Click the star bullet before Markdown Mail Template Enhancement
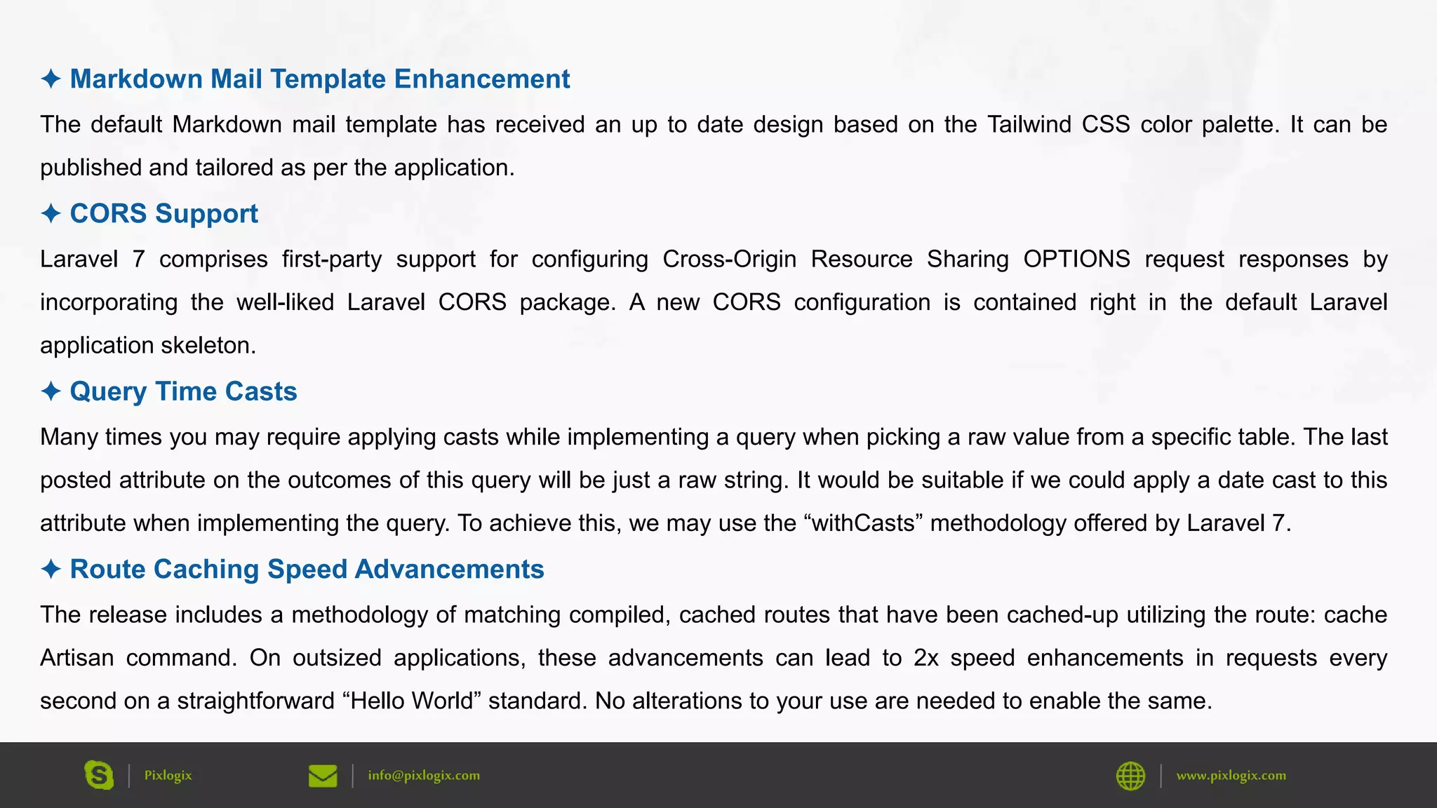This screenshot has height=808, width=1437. (51, 79)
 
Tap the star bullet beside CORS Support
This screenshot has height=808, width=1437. (51, 213)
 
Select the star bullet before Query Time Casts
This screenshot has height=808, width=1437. (51, 391)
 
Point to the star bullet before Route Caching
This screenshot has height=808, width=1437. (51, 569)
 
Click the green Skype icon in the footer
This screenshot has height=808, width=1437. (99, 775)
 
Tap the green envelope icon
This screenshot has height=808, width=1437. (323, 776)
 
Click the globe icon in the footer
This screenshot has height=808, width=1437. (1130, 776)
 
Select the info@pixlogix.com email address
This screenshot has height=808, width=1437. (424, 775)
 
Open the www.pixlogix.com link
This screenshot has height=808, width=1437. (1231, 775)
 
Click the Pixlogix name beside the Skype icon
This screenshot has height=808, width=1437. (168, 775)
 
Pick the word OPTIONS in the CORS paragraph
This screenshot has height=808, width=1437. (1076, 259)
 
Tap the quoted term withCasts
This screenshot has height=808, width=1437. (862, 523)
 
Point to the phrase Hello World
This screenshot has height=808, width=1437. (412, 701)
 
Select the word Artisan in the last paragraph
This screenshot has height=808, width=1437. (76, 658)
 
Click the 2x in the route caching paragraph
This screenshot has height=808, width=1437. (926, 658)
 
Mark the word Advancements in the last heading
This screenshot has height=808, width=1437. (449, 569)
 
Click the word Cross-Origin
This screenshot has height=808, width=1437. (729, 259)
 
